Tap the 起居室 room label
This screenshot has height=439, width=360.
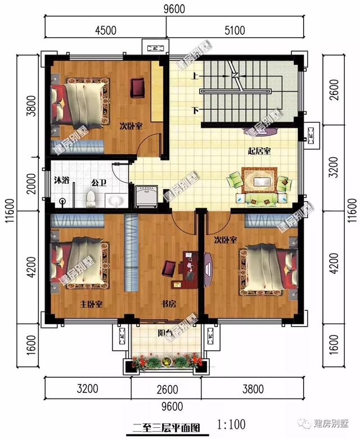point(259,151)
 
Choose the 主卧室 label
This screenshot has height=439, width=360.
point(90,304)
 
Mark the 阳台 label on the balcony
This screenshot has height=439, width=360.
point(164,333)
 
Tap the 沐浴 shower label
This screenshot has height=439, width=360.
point(62,181)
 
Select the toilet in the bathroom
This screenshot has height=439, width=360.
point(91,198)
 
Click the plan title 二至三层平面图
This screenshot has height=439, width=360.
point(165,427)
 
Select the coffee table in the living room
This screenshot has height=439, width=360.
point(260,182)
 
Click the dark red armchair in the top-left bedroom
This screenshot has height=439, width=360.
point(138,87)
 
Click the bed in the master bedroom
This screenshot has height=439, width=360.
point(79,264)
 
